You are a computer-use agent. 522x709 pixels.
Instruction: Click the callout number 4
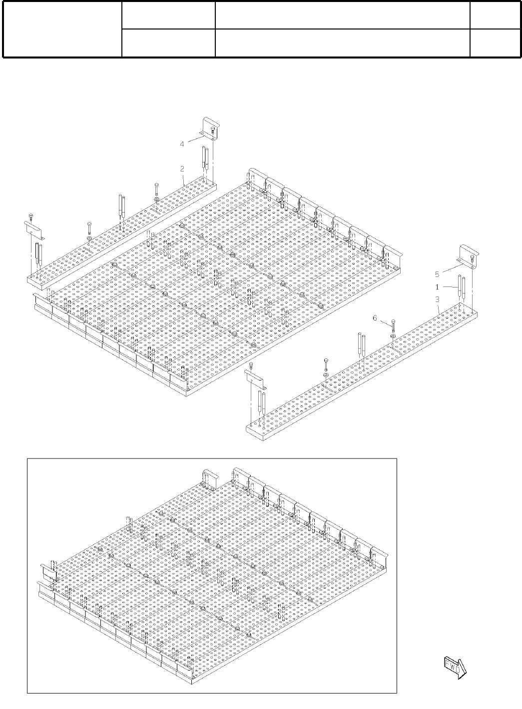coord(182,144)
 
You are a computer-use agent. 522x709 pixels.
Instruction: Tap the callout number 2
coord(183,169)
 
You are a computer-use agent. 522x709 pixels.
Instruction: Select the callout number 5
coord(437,274)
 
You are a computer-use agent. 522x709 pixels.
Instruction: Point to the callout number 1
coord(437,287)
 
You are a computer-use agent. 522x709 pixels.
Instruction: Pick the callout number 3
coord(437,299)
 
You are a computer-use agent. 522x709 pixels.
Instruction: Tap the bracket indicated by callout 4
coord(208,126)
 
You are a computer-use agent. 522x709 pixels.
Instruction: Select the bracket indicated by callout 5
coord(468,255)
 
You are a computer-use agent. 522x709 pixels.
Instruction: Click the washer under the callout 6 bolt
coord(393,335)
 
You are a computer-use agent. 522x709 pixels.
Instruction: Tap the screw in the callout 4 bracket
coord(213,130)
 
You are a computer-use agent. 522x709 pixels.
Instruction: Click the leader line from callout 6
coord(385,321)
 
